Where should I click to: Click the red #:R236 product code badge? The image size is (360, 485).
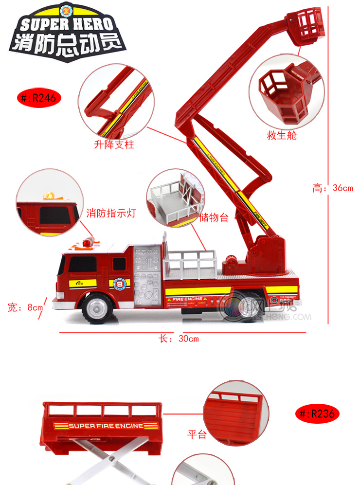317,414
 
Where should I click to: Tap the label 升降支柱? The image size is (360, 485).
114,144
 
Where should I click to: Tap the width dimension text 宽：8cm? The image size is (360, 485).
25,307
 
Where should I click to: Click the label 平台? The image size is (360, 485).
197,434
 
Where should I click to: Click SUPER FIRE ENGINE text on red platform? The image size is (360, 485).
107,426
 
